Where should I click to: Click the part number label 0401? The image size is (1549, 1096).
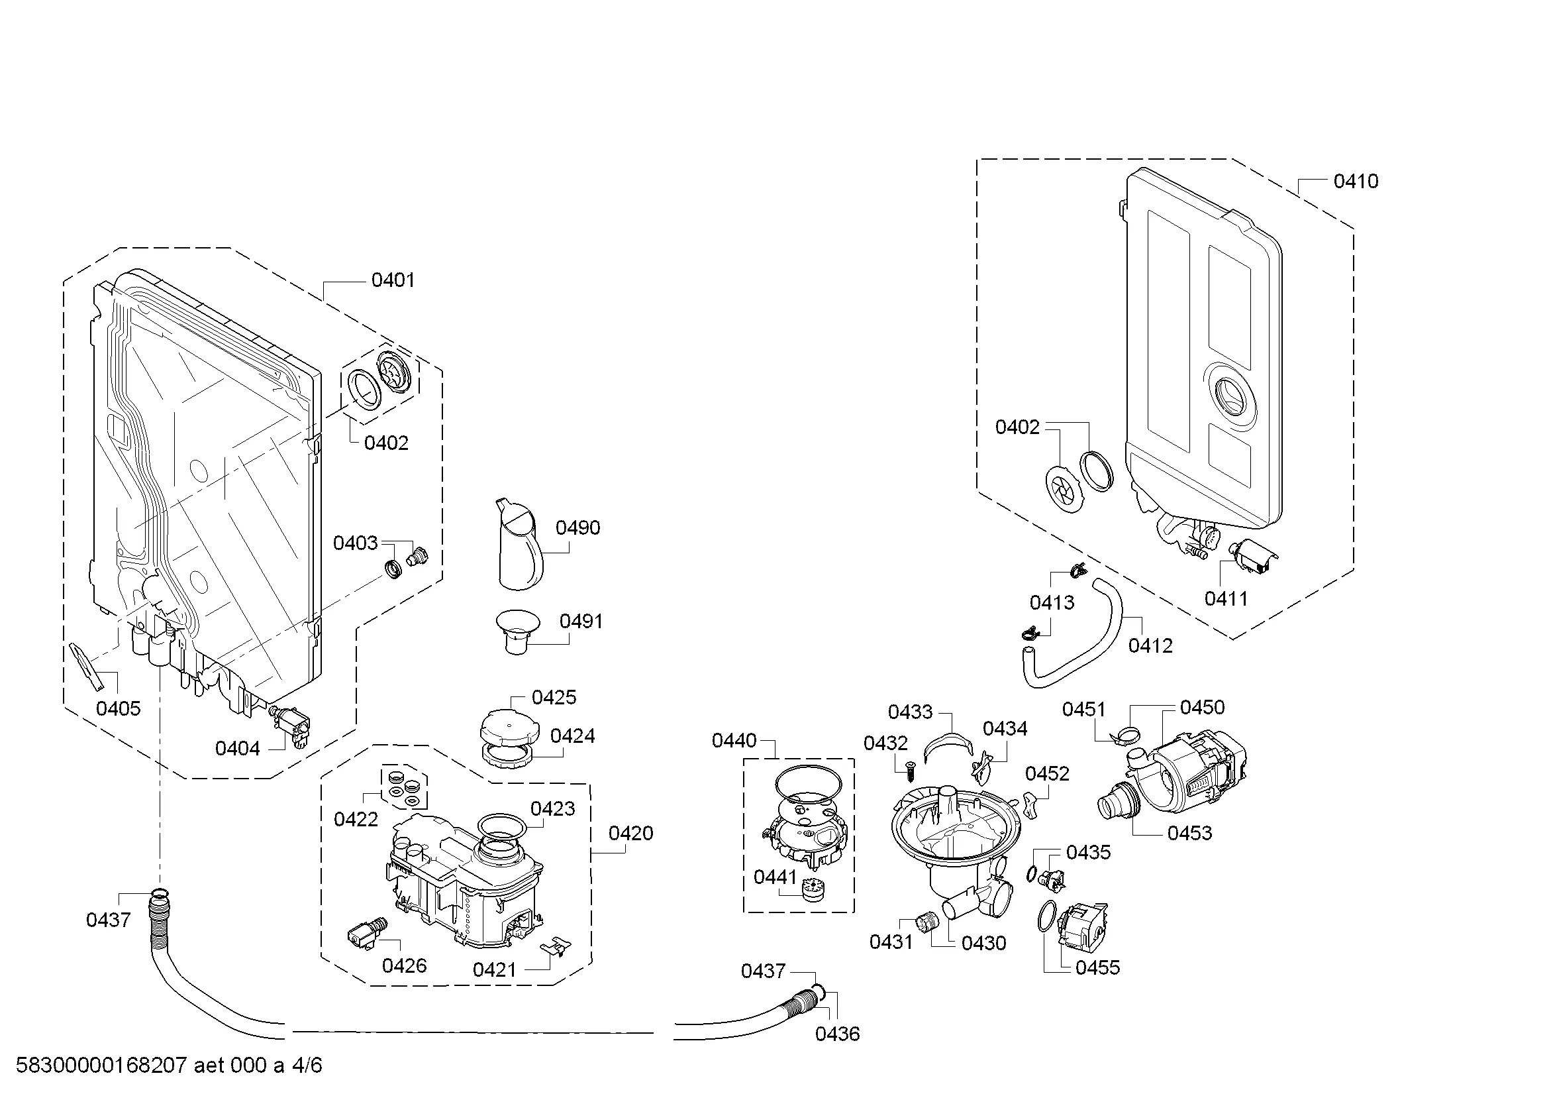(393, 280)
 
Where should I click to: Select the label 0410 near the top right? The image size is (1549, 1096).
(1356, 181)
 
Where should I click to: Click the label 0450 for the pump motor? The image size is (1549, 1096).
(1202, 707)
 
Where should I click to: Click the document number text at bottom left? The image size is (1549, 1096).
(169, 1065)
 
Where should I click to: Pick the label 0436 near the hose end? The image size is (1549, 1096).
(837, 1033)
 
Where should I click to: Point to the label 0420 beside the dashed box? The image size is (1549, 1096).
(631, 834)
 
